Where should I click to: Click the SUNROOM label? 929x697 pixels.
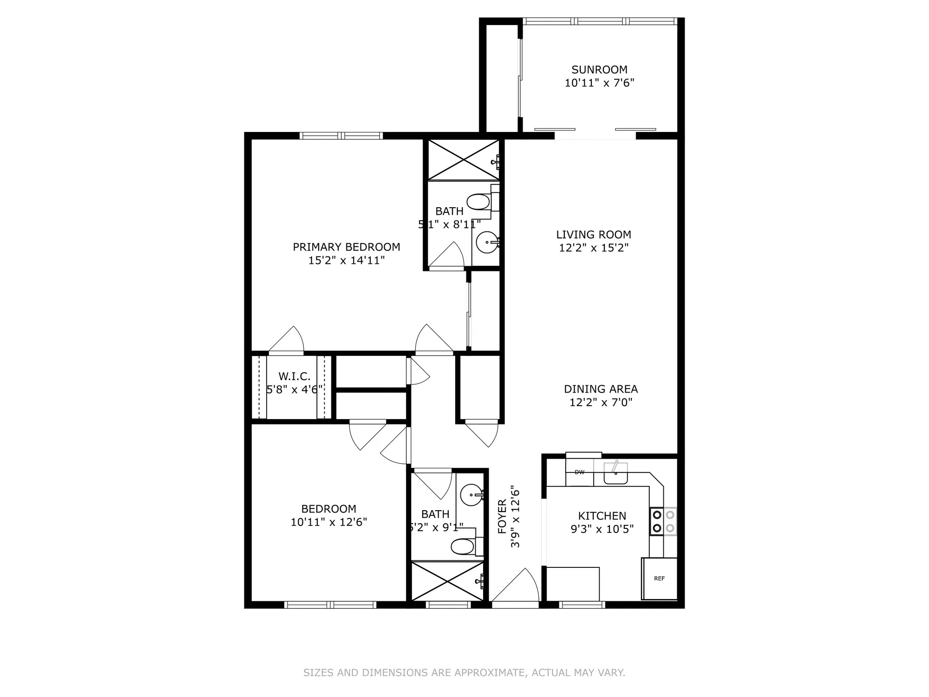point(599,70)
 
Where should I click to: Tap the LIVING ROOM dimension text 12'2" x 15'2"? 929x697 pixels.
point(594,248)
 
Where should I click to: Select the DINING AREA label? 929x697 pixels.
point(601,389)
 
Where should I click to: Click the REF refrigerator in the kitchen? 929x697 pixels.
point(659,579)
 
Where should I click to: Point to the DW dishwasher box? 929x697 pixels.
point(579,473)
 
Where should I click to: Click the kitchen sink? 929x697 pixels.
point(615,474)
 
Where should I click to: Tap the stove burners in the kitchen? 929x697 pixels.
point(663,521)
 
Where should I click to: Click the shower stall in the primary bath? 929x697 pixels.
point(463,160)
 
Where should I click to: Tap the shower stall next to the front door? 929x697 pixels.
point(447,581)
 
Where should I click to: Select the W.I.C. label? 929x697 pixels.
point(294,376)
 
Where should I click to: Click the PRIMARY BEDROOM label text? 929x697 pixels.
point(347,247)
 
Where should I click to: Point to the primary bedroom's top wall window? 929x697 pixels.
point(341,136)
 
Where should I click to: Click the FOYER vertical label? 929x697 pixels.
point(502,517)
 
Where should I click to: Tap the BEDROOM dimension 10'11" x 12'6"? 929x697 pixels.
point(329,522)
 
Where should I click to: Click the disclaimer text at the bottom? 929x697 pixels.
point(464,672)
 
